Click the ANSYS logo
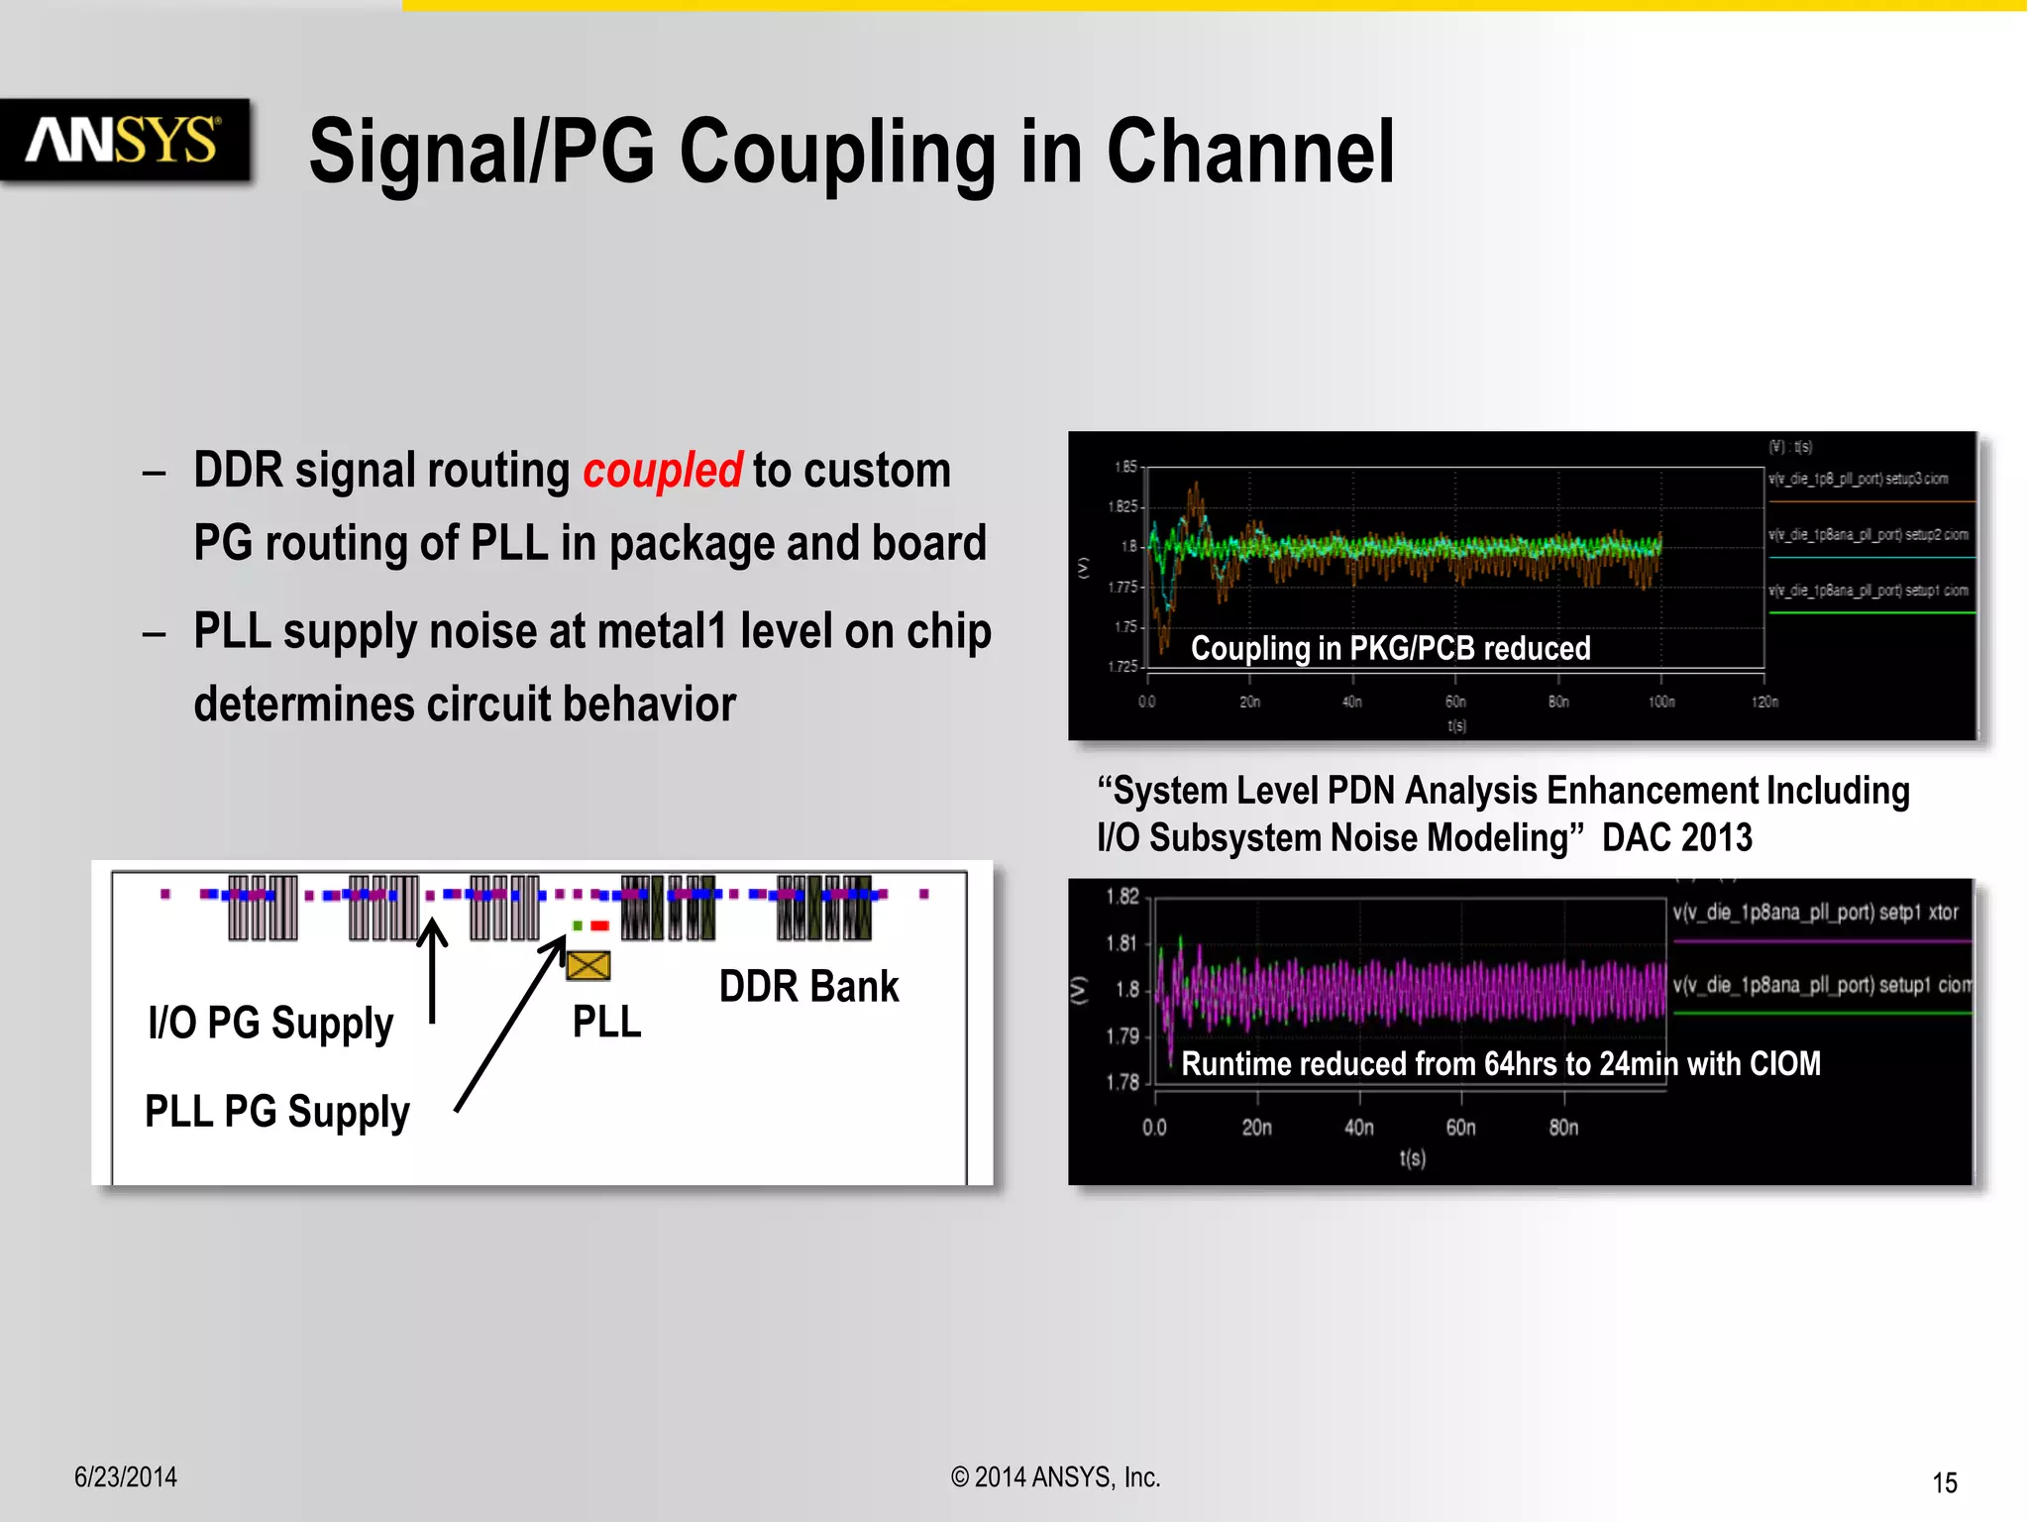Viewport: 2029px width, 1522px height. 124,140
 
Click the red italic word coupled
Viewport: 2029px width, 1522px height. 662,471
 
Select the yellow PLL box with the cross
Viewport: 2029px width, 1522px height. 588,965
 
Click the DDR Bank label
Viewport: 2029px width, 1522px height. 808,987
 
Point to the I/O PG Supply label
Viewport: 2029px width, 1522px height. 270,1024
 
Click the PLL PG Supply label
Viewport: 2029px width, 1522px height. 276,1112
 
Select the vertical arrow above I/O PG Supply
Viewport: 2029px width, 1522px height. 432,971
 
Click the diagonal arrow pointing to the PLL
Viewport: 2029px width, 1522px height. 510,1026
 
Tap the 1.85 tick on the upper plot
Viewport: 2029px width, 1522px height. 1125,467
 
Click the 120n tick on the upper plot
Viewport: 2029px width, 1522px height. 1764,702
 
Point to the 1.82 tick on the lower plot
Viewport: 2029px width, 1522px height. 1122,897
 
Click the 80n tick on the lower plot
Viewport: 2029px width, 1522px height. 1563,1128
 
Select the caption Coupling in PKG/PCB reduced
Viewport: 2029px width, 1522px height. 1390,648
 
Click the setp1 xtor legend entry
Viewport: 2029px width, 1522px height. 1815,913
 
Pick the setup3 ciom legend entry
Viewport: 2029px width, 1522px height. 1859,480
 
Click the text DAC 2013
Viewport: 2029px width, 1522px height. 1676,838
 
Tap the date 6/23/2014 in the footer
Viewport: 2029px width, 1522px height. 126,1477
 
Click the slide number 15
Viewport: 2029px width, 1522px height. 1944,1483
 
